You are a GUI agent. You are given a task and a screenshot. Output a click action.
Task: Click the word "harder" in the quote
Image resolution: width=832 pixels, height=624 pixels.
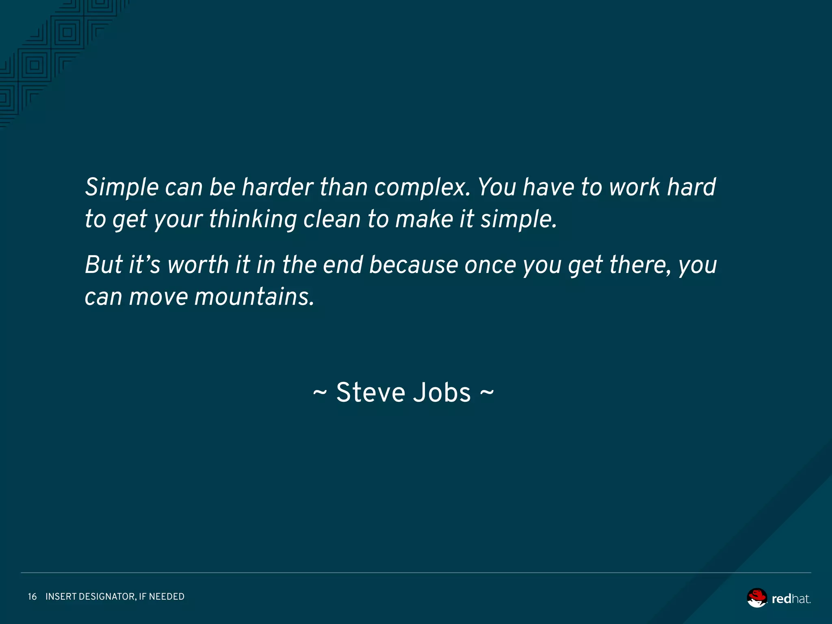coord(277,187)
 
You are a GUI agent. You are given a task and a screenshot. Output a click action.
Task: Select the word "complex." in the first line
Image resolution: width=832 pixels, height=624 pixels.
coord(422,188)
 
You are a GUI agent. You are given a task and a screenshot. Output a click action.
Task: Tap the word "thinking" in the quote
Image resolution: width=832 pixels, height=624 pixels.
coord(253,219)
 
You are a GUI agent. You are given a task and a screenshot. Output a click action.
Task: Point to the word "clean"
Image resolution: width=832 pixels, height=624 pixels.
coord(332,219)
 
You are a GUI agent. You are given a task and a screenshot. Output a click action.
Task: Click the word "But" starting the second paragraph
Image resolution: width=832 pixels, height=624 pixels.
coord(104,265)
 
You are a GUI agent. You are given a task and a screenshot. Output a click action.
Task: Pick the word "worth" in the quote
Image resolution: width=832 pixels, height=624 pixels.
coord(198,265)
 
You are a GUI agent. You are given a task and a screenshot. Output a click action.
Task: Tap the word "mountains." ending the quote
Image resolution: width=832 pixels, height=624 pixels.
coord(254,297)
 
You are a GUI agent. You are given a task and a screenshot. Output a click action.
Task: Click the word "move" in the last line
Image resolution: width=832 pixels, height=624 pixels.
coord(158,297)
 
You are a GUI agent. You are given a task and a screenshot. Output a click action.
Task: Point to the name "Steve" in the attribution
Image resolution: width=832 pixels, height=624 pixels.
coord(370,393)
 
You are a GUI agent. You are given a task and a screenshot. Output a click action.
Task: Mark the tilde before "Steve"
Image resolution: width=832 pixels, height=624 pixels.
coord(320,393)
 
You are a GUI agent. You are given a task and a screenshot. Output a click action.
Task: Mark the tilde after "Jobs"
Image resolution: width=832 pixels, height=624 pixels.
coord(487,393)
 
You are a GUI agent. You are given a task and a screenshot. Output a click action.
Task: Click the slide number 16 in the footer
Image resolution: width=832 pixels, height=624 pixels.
coord(32,596)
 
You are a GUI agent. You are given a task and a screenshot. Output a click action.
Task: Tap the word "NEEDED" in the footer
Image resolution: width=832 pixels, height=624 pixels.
coord(167,596)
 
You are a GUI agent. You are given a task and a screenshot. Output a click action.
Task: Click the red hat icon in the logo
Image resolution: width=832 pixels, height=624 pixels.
coord(757,598)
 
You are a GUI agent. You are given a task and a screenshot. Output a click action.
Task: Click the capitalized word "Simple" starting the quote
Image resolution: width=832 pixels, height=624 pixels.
coord(121,188)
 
